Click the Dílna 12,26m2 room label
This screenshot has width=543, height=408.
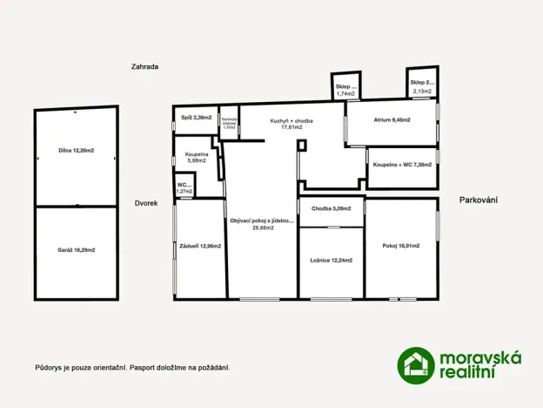[x=76, y=151]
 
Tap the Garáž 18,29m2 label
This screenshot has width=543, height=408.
[x=77, y=249]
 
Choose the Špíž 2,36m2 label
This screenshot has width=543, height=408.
[x=193, y=117]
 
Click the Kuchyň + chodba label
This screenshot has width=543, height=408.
[x=292, y=123]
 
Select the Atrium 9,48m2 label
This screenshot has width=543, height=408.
[x=392, y=119]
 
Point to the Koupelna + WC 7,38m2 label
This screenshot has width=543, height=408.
[x=402, y=165]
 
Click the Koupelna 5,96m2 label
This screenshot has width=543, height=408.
[x=197, y=157]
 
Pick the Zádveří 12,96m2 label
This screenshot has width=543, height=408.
[x=200, y=247]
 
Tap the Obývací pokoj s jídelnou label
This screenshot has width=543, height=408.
[x=262, y=224]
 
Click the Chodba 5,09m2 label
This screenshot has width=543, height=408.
[x=331, y=208]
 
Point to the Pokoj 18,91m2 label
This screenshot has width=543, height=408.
[x=401, y=247]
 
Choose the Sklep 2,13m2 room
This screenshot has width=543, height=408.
[x=421, y=87]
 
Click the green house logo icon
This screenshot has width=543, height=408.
[x=416, y=364]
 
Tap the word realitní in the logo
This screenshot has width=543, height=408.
[x=471, y=373]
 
